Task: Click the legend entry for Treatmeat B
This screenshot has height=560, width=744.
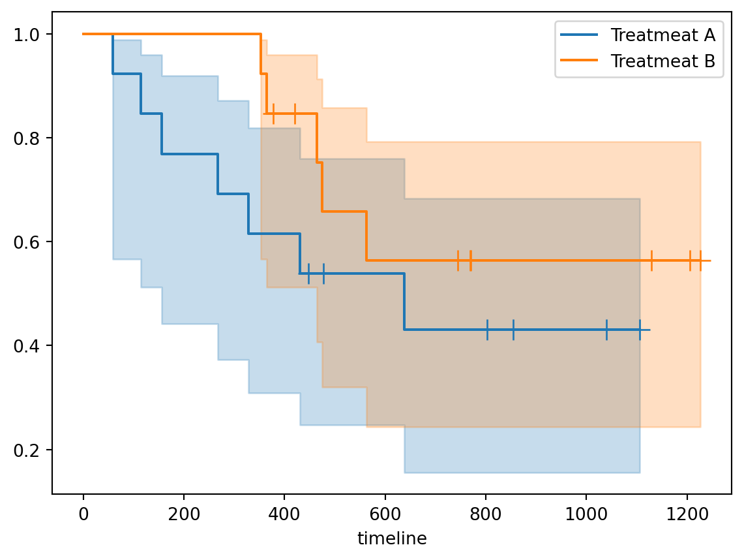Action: [662, 61]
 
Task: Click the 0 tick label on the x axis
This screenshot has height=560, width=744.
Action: [83, 514]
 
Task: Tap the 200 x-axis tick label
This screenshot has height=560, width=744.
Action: [184, 514]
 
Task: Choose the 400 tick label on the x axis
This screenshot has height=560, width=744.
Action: [284, 514]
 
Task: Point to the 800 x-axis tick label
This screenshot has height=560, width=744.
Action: [486, 514]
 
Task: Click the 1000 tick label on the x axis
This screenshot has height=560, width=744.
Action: [586, 514]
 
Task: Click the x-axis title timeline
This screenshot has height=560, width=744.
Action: [392, 539]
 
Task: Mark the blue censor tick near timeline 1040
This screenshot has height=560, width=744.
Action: [606, 330]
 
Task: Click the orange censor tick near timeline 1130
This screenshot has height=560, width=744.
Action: [651, 260]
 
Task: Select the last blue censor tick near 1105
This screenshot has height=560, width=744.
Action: [640, 330]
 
